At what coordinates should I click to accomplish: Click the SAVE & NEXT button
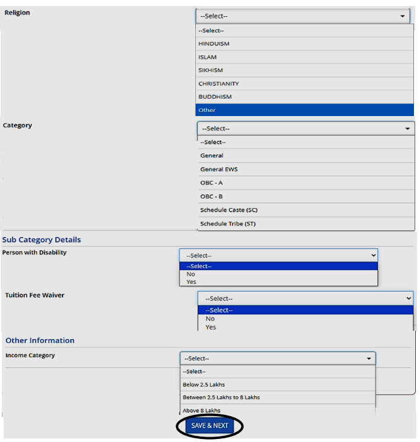(x=210, y=426)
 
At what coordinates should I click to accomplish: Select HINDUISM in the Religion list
(x=214, y=44)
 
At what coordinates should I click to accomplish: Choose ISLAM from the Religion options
(x=207, y=57)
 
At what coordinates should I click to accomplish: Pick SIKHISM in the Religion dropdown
(x=210, y=70)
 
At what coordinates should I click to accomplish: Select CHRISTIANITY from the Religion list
(x=219, y=84)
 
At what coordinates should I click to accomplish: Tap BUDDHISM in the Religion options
(x=215, y=97)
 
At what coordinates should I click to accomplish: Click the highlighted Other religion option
(x=207, y=110)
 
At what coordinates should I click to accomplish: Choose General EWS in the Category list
(x=219, y=169)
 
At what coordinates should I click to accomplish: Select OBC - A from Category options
(x=212, y=183)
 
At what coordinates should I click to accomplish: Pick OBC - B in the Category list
(x=212, y=197)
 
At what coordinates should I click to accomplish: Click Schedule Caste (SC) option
(x=229, y=210)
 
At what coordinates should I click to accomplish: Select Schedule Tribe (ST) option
(x=229, y=224)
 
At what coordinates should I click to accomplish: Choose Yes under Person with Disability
(x=191, y=281)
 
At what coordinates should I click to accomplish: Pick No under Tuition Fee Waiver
(x=210, y=319)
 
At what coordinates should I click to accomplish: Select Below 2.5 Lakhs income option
(x=204, y=384)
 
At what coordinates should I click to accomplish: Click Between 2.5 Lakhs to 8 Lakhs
(x=221, y=397)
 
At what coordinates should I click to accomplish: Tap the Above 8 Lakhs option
(x=201, y=410)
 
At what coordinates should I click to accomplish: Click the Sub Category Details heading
(x=41, y=239)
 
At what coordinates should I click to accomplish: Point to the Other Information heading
(x=40, y=340)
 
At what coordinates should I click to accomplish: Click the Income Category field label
(x=30, y=355)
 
